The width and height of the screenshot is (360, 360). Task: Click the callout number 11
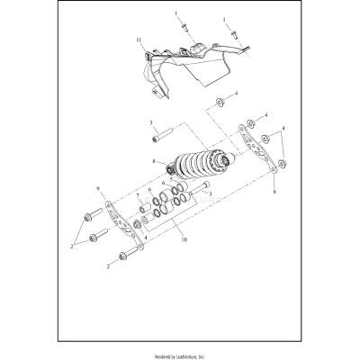pyautogui.click(x=137, y=41)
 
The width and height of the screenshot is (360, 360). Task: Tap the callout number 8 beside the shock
pyautogui.click(x=154, y=162)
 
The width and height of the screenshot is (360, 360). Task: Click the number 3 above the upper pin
pyautogui.click(x=151, y=123)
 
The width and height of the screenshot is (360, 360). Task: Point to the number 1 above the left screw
pyautogui.click(x=177, y=15)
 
